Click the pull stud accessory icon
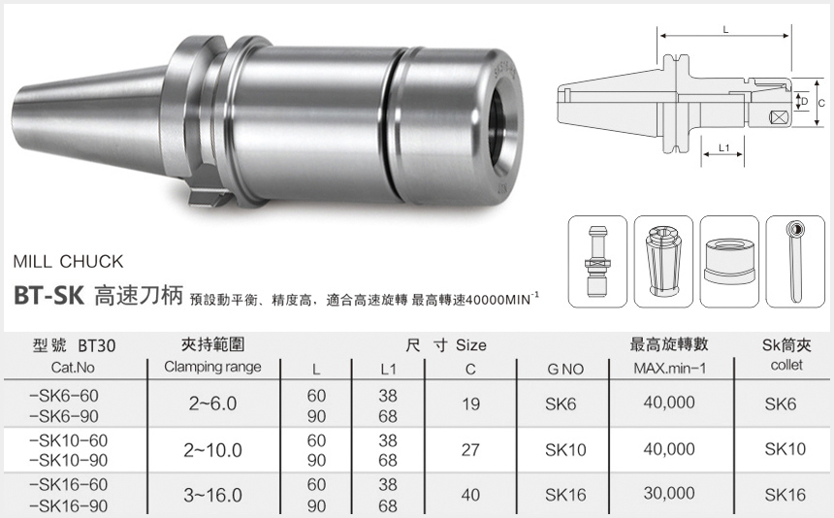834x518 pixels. [x=595, y=260]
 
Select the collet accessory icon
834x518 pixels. [x=662, y=260]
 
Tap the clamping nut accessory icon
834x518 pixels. [x=728, y=260]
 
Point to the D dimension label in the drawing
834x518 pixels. [x=804, y=101]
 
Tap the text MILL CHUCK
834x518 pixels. [x=68, y=261]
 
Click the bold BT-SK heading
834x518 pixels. [x=50, y=296]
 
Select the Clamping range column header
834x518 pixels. [x=212, y=368]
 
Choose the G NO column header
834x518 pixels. [x=565, y=369]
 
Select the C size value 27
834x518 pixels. [x=471, y=449]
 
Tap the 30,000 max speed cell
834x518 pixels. [x=668, y=494]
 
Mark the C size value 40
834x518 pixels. [x=471, y=495]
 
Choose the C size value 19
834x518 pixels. [x=471, y=404]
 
